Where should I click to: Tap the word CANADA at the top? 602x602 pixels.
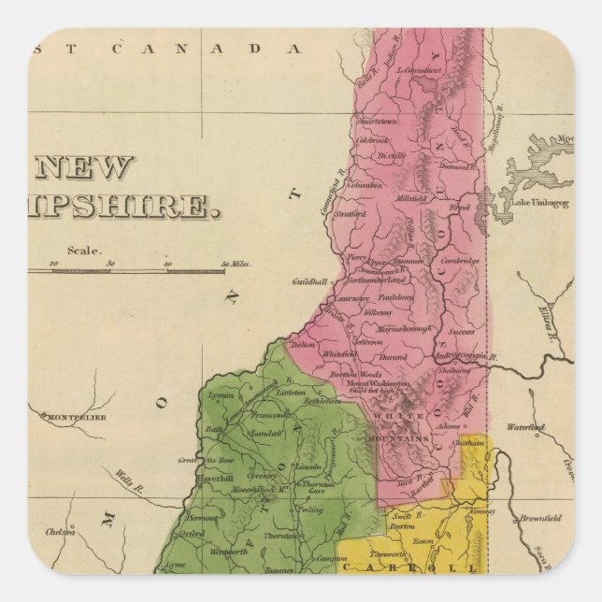click(x=239, y=49)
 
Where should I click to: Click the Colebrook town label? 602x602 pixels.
click(x=373, y=140)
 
